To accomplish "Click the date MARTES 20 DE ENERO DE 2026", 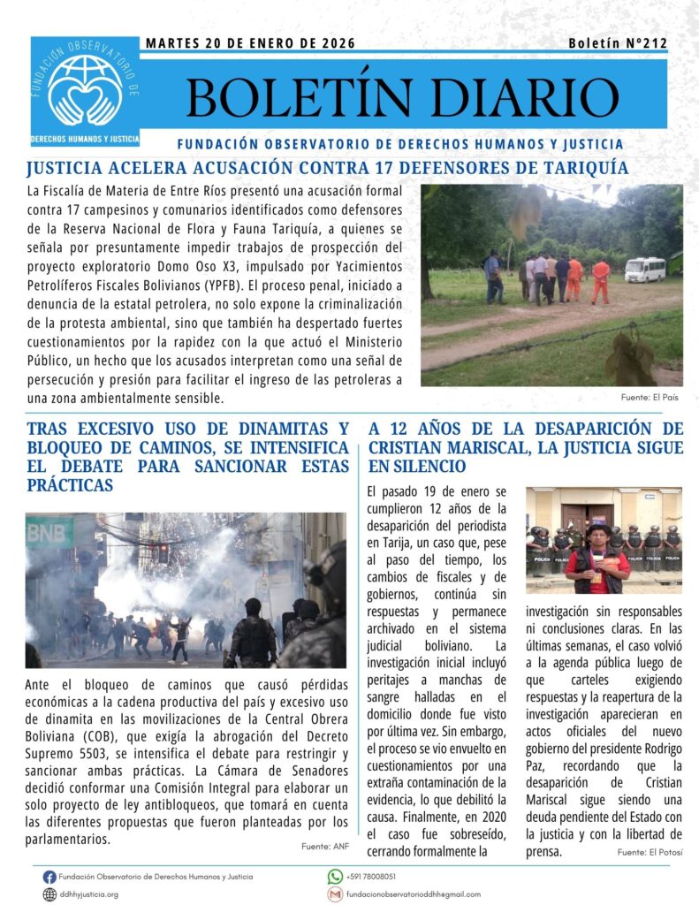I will coord(250,43).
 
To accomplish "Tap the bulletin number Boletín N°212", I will coord(617,43).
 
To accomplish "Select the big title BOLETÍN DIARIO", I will coord(402,96).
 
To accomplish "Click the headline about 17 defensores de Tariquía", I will coord(328,167).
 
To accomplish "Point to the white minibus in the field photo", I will coord(644,270).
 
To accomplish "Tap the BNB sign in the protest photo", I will coord(49,533).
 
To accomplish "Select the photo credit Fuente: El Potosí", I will coord(650,852).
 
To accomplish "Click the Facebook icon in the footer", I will coord(49,877).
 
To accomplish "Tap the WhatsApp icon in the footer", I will coord(335,877).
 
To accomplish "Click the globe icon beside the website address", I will coord(49,894).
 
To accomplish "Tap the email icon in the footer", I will coord(335,894).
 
